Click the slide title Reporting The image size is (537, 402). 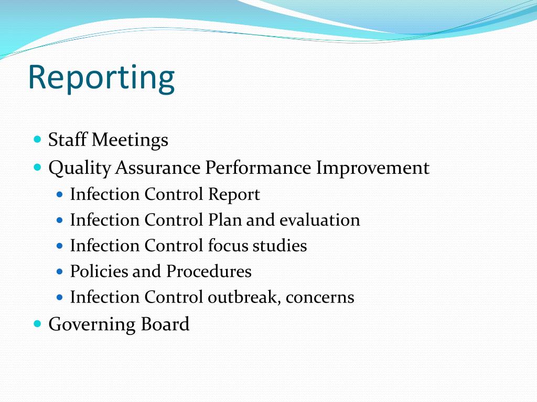click(101, 77)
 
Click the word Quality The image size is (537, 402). click(80, 168)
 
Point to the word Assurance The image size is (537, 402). click(158, 168)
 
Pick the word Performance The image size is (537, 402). click(258, 168)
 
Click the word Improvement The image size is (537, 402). click(373, 168)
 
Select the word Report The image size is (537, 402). click(234, 194)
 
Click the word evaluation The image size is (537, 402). click(320, 220)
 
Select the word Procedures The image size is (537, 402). click(209, 271)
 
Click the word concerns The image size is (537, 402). click(320, 297)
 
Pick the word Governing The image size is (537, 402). click(91, 325)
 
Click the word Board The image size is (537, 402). click(165, 324)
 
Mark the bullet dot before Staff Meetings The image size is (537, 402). click(37, 140)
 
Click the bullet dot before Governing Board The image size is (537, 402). click(37, 323)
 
